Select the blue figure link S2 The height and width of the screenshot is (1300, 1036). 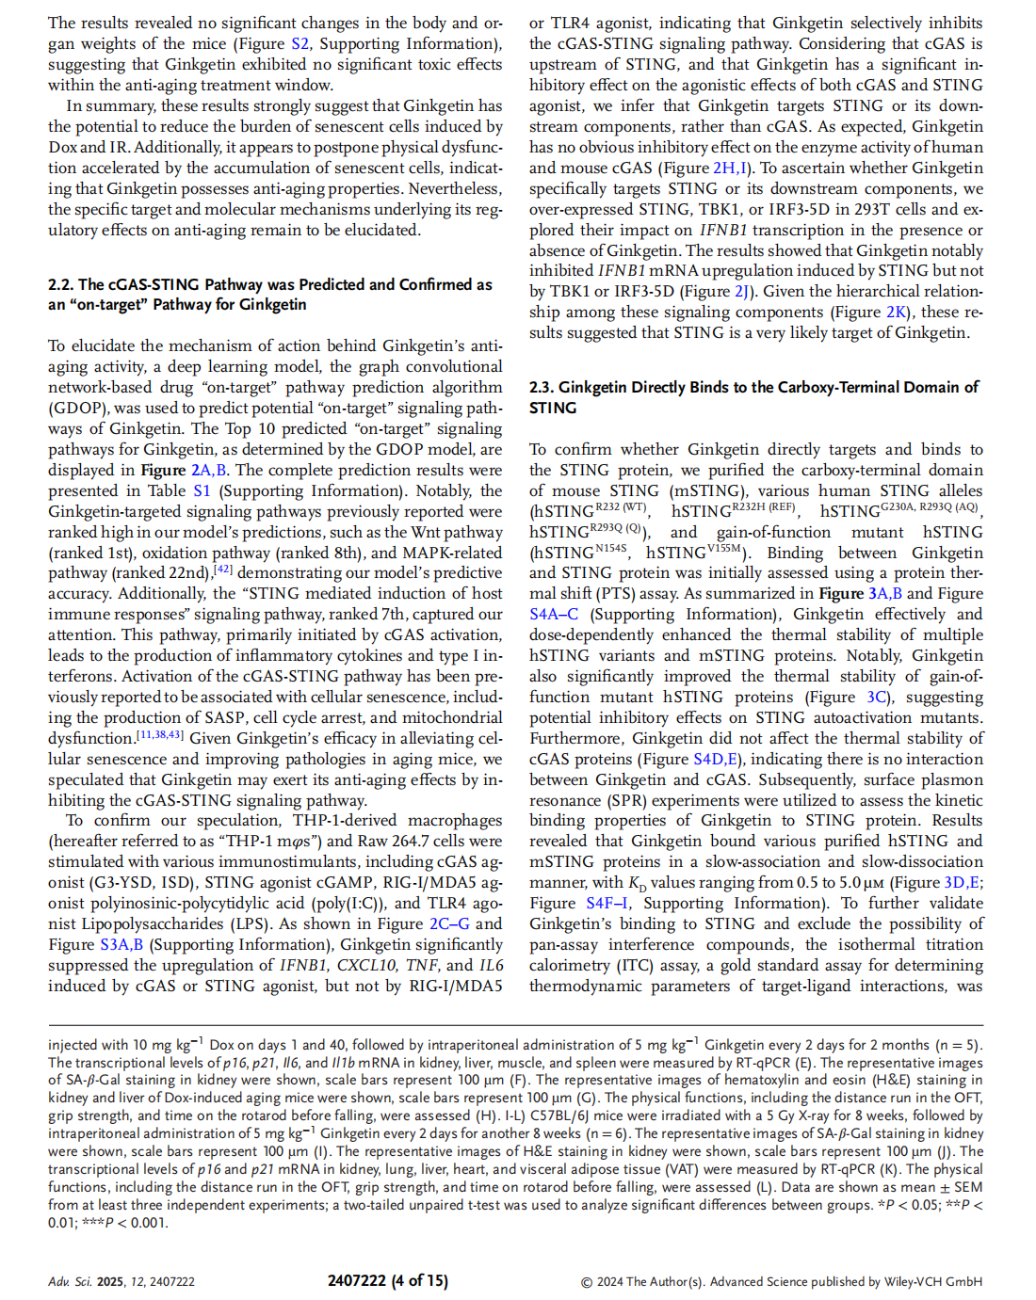pos(299,43)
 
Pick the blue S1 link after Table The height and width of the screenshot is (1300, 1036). pos(202,490)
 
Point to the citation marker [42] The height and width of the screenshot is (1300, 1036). pos(223,569)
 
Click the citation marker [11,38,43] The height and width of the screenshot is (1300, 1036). pos(160,734)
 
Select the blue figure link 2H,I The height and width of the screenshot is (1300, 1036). pos(731,168)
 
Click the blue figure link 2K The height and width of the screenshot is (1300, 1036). pos(897,312)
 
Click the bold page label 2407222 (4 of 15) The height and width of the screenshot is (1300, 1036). pos(388,1280)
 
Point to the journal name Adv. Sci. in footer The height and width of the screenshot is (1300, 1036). pos(71,1281)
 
